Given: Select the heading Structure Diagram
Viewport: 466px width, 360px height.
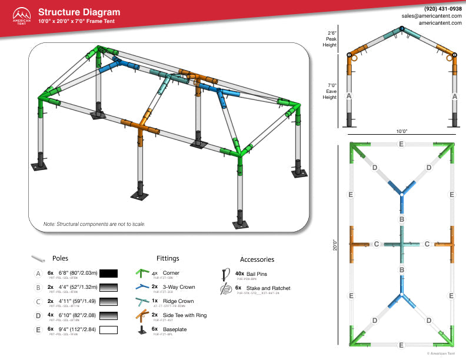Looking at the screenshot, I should click(x=79, y=12).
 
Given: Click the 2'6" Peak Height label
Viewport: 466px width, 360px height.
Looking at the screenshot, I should click(x=331, y=39).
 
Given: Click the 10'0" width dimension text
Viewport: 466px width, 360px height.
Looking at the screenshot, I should click(x=402, y=132).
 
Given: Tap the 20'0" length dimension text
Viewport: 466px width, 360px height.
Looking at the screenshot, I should click(x=334, y=244).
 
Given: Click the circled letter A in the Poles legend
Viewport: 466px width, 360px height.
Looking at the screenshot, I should click(x=38, y=274).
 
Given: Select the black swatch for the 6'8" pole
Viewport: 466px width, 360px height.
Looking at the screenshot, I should click(x=109, y=274).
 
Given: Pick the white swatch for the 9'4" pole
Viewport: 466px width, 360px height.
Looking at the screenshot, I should click(x=109, y=329).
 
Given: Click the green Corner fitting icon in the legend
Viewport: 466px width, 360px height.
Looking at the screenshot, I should click(x=141, y=274).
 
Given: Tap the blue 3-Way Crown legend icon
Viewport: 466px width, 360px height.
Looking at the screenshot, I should click(x=141, y=288).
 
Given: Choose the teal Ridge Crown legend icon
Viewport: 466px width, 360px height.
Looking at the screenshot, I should click(x=141, y=302).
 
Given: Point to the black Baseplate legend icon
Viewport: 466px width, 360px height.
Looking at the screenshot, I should click(x=141, y=330).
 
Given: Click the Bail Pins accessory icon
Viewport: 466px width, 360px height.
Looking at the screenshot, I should click(x=225, y=274).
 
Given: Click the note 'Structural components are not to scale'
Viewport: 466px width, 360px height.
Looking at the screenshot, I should click(x=94, y=224).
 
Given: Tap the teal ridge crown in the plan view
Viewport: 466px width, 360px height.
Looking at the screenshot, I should click(x=401, y=244).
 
